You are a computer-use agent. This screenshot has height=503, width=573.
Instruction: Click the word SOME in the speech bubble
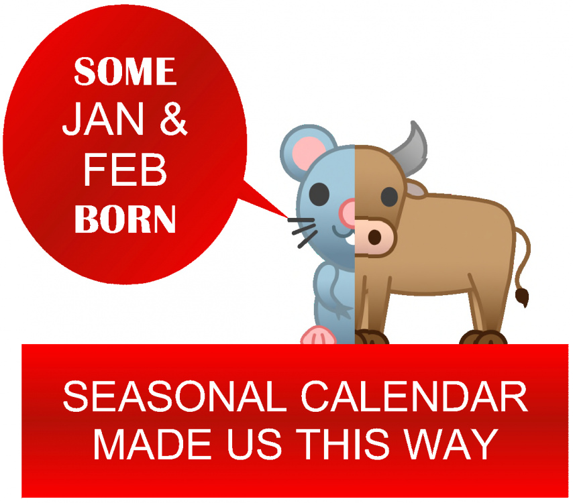click(125, 71)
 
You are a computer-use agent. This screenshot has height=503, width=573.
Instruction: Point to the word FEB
click(125, 170)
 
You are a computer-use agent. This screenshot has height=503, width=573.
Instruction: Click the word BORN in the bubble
click(125, 219)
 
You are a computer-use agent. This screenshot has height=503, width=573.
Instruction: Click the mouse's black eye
click(321, 194)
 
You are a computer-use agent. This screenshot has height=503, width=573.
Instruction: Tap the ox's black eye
click(389, 196)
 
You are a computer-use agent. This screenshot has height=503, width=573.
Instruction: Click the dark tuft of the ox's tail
click(521, 295)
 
